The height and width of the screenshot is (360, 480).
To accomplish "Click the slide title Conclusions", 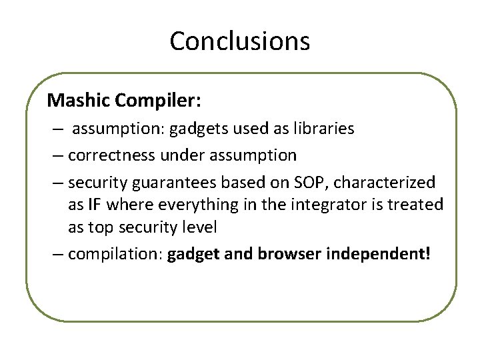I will pos(240,41).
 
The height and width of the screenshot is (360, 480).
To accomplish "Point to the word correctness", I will pos(108,155).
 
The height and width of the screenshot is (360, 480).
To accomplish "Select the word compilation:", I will pos(115,255).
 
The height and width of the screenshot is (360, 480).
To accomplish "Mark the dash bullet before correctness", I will pos(58,155).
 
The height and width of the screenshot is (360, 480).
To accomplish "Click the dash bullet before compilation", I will pos(58,255).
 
